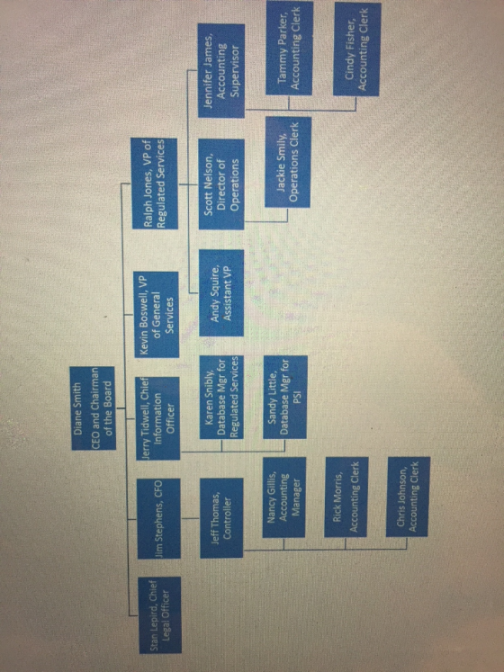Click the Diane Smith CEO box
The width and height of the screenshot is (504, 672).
point(93,408)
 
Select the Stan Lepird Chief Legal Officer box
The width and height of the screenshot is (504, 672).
point(160,615)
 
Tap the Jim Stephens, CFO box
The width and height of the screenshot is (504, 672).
point(158,518)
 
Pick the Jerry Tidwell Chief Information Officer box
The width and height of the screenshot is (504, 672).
point(157,418)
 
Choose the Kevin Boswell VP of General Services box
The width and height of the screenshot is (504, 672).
point(156,315)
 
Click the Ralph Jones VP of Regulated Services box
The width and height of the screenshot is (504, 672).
point(155,184)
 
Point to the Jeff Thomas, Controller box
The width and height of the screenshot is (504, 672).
point(221,517)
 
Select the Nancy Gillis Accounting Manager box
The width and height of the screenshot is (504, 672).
point(284,497)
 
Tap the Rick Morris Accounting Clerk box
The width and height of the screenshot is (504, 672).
point(346,497)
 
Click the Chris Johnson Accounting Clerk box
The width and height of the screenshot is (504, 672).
point(408,497)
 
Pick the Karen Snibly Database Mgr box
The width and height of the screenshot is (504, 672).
point(221,397)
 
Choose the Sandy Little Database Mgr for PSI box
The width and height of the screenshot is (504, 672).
point(284,397)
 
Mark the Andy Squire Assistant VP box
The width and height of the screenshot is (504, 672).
point(221,293)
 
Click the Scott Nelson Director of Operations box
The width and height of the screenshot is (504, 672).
point(221,184)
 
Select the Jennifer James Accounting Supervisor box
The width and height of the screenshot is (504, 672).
point(221,71)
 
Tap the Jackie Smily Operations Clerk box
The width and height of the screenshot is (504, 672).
point(288,162)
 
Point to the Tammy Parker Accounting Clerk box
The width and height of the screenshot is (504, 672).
point(289,48)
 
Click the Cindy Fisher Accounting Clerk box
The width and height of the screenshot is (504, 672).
point(357,49)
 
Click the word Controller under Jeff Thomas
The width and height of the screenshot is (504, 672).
point(228,517)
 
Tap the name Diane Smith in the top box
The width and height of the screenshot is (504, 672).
point(78,408)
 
